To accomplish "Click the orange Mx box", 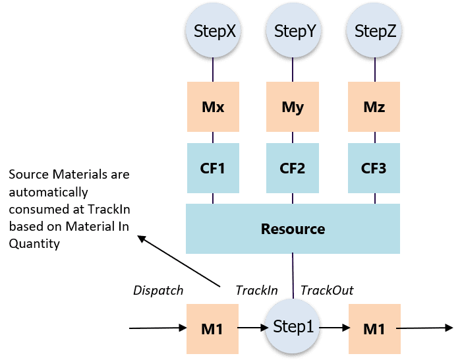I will pos(212,107).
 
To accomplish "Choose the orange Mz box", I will pos(374,107).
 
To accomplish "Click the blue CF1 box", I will pos(212,168).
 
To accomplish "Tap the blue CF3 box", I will pos(374,168).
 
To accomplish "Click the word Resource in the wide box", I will pos(293,229).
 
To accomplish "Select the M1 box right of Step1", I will pos(374,328).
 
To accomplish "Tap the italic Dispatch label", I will pos(159,290).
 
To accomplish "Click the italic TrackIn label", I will pos(256,290).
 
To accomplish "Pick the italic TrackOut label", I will pos(328,290).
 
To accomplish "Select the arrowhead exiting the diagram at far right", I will pos(448,328).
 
